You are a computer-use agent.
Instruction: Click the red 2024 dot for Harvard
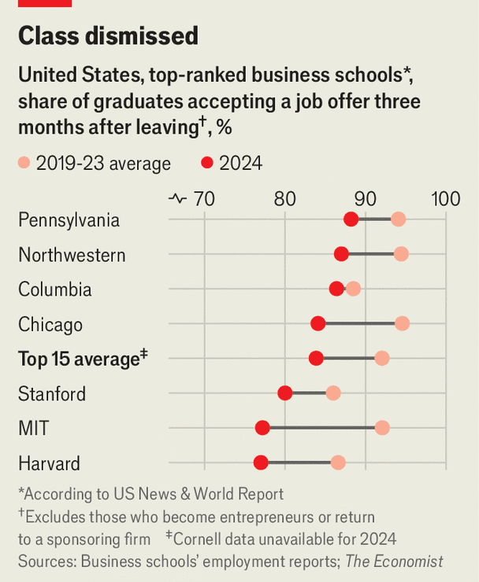[x=261, y=462]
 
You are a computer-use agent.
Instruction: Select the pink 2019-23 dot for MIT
[x=382, y=428]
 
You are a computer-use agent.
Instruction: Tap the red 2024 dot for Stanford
[x=285, y=393]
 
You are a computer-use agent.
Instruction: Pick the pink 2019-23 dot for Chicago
[x=402, y=323]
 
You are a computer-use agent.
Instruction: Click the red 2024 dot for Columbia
[x=336, y=289]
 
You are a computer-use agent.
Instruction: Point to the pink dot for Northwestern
[x=401, y=254]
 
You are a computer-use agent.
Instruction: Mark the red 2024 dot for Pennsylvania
[x=351, y=219]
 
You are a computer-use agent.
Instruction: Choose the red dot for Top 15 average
[x=316, y=359]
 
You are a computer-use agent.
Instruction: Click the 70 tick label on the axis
[x=203, y=199]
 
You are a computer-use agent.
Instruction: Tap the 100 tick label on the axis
[x=446, y=199]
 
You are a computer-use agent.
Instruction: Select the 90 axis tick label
[x=365, y=199]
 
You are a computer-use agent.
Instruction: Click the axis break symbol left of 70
[x=177, y=199]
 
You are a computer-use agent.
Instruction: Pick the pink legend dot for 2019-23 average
[x=24, y=164]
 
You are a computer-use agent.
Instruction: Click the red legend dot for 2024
[x=207, y=164]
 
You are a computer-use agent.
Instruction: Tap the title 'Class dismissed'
[x=108, y=35]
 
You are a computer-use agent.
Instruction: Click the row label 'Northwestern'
[x=72, y=255]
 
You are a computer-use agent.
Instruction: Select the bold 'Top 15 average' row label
[x=79, y=359]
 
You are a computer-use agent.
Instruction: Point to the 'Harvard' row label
[x=49, y=463]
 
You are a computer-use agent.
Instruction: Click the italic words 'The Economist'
[x=394, y=562]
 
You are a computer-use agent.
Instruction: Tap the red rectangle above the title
[x=44, y=3]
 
